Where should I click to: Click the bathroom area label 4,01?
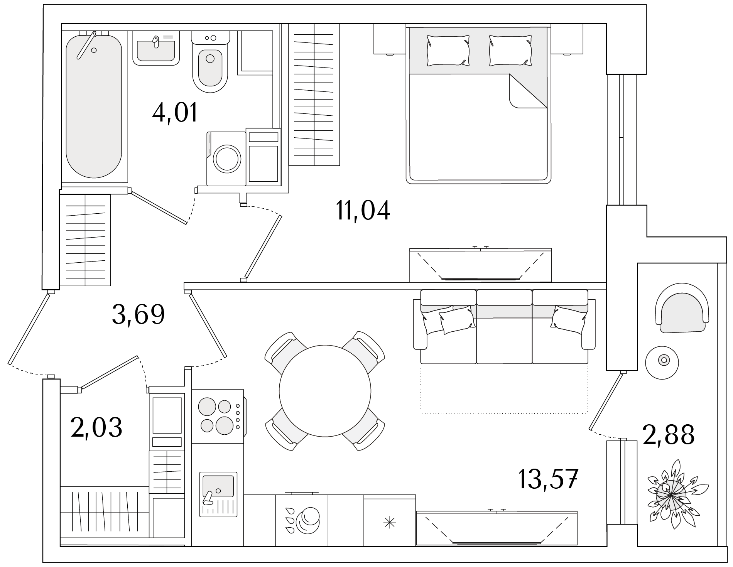[x=175, y=113]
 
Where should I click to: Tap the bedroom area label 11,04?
[x=363, y=211]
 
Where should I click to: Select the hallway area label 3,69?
[x=138, y=314]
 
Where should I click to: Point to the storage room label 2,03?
[x=96, y=427]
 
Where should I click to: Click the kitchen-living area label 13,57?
[x=548, y=479]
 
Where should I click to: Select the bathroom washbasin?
[x=156, y=48]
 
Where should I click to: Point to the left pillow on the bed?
[x=448, y=51]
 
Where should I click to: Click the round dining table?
[x=325, y=391]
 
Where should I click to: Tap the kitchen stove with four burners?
[x=218, y=416]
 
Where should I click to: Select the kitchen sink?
[x=218, y=494]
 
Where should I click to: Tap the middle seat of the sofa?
[x=504, y=327]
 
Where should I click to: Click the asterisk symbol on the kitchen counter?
[x=389, y=523]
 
